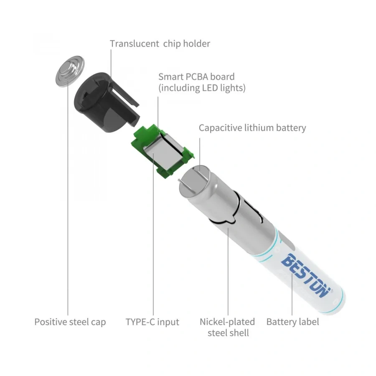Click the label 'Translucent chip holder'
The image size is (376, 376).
click(160, 44)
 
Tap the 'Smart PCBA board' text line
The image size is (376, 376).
click(196, 77)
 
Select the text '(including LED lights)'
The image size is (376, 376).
click(202, 88)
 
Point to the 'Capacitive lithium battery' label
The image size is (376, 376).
click(252, 128)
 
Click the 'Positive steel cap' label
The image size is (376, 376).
click(70, 322)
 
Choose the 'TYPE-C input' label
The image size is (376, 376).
click(152, 322)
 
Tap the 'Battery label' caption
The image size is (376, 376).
click(292, 322)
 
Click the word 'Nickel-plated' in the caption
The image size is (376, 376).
click(227, 322)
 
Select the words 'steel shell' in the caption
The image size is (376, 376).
click(228, 333)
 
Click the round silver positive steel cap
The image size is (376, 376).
click(70, 71)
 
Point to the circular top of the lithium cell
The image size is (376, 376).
click(195, 180)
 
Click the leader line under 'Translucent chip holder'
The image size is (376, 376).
click(111, 71)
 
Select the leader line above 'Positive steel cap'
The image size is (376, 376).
click(68, 198)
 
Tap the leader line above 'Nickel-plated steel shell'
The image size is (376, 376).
click(228, 271)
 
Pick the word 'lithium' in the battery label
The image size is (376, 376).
click(259, 127)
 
